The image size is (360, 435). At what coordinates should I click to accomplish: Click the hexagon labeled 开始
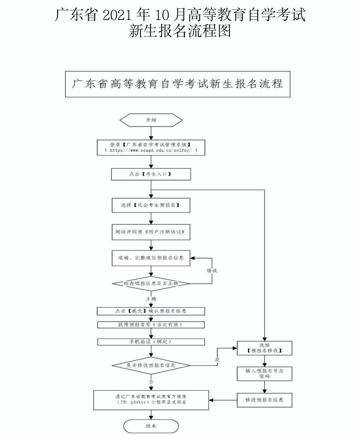click(x=151, y=120)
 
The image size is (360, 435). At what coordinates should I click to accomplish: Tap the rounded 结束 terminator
click(x=151, y=426)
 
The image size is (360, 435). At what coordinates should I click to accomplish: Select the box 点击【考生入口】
click(x=151, y=174)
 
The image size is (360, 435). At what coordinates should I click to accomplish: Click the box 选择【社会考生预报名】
click(x=151, y=205)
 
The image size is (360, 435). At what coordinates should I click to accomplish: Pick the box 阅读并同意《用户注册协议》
click(x=151, y=233)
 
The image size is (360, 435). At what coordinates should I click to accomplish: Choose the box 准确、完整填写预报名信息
click(x=151, y=258)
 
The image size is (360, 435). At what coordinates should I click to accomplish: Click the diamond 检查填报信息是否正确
click(x=151, y=284)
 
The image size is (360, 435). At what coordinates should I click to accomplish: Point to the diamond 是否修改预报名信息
click(x=151, y=365)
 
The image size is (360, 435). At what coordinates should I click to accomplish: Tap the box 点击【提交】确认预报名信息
click(x=151, y=311)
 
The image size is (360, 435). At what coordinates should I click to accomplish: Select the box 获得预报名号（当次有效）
click(x=151, y=325)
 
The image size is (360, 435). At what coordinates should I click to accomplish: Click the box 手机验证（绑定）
click(x=151, y=342)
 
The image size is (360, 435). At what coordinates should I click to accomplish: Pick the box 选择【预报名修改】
click(x=264, y=348)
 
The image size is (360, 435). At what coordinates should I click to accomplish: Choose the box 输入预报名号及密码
click(x=264, y=373)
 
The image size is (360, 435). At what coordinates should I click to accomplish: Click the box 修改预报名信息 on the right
click(x=264, y=400)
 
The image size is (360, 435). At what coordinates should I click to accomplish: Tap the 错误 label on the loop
click(x=212, y=271)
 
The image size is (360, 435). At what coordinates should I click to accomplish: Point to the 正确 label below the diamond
click(x=151, y=298)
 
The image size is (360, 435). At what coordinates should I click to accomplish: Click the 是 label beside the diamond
click(x=217, y=359)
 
